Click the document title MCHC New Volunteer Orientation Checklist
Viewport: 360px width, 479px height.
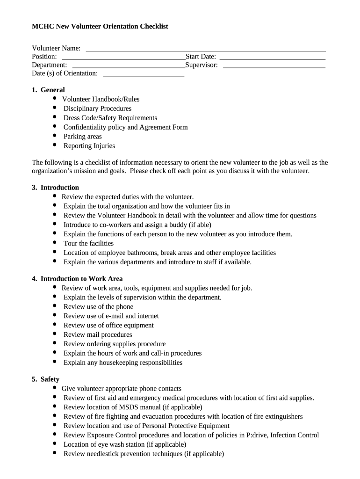[x=100, y=27]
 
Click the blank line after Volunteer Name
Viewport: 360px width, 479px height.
[x=206, y=49]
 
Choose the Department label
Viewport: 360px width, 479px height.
[x=49, y=65]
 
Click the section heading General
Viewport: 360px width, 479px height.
[x=52, y=90]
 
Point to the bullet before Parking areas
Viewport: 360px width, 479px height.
[x=55, y=136]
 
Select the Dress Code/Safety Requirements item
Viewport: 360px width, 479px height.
[x=110, y=118]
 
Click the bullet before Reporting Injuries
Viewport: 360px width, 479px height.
[x=55, y=145]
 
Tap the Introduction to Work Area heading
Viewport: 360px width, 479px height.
[x=81, y=279]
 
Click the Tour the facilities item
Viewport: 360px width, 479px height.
[x=88, y=243]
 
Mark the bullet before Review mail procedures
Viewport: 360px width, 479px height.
[x=55, y=334]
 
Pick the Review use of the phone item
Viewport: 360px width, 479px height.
[x=98, y=307]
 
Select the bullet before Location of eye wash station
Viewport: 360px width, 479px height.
[x=55, y=444]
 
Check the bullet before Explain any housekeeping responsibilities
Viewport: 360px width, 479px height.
[x=55, y=362]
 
